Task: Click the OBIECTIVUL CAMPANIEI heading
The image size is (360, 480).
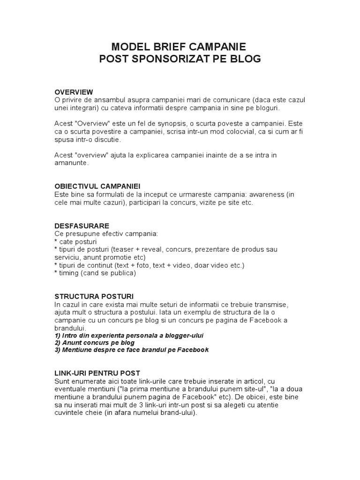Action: click(97, 186)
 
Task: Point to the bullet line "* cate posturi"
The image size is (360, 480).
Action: click(75, 241)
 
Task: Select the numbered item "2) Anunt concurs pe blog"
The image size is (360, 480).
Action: click(94, 343)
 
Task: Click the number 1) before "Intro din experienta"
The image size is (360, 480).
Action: click(58, 336)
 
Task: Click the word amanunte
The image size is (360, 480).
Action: click(71, 164)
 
